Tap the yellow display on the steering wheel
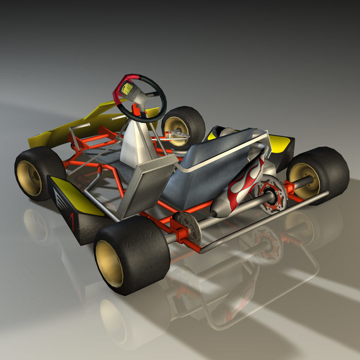127,90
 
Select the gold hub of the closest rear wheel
109,263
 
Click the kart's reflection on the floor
228,288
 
